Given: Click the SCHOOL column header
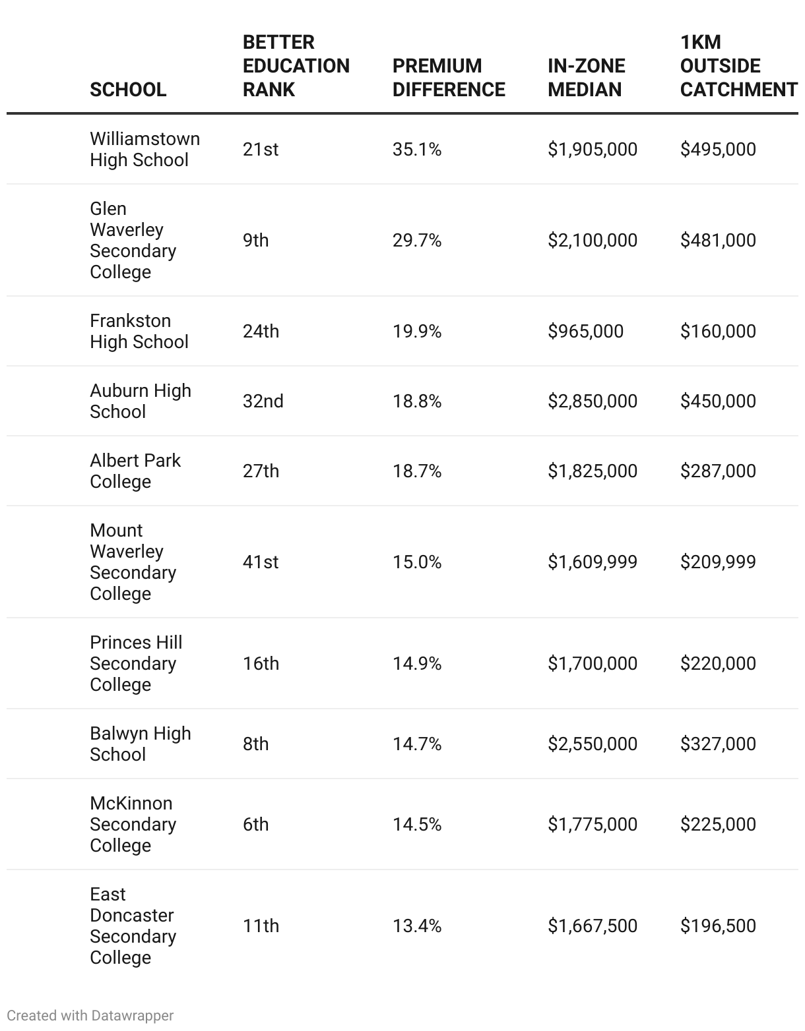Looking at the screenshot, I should tap(128, 89).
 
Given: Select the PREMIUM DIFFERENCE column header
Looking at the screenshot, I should tap(449, 77).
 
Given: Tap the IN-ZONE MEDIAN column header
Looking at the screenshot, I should tap(586, 77).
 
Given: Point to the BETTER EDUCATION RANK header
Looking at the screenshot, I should tap(296, 65).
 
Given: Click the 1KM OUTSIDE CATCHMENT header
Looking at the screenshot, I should tap(738, 65).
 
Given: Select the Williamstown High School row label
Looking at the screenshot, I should tap(145, 149).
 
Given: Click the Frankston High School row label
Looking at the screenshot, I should tap(139, 331).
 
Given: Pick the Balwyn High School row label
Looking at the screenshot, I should tap(140, 744).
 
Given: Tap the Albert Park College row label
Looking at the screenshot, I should tap(135, 471).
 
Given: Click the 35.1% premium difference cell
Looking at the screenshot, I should tap(416, 149).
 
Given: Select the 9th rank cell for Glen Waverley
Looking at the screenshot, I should tap(255, 240).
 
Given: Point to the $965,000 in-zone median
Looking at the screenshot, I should tap(585, 331).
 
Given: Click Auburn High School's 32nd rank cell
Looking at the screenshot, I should tap(263, 401).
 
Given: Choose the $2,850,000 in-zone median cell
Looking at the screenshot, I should tap(592, 401).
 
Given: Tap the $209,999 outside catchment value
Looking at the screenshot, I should tap(717, 562).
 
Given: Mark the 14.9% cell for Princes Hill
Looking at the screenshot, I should tap(416, 663).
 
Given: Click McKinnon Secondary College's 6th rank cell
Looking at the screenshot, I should tap(255, 824).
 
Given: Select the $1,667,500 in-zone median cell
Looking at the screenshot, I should tap(592, 926).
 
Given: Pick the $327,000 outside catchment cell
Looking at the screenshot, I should tap(717, 744).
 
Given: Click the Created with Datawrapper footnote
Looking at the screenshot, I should tap(90, 1015).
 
